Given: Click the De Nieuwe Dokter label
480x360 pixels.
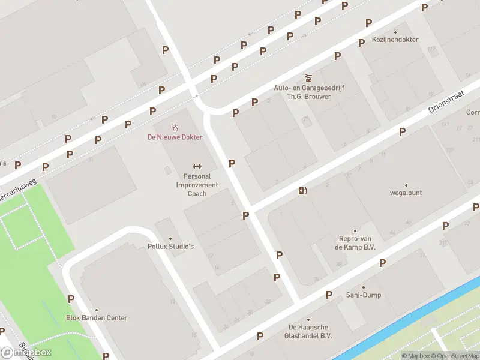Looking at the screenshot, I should click(175, 137).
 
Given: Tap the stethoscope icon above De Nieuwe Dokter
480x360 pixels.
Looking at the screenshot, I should click(175, 127).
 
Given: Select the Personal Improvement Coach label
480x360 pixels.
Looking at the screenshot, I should click(197, 185).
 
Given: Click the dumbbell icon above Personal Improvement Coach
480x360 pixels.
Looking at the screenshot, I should click(197, 166).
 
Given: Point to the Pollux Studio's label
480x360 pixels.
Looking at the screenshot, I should click(170, 246).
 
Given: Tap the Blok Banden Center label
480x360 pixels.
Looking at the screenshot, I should click(97, 318).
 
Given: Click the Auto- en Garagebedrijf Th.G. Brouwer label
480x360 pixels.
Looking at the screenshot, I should click(308, 92).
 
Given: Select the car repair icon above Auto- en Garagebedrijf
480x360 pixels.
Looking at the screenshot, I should click(308, 77).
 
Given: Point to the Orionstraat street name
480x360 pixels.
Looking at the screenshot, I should click(447, 101).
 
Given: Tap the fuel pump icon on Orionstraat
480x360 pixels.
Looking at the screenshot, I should click(302, 191).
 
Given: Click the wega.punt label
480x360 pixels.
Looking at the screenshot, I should click(406, 193).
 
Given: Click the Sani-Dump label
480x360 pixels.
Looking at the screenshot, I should click(364, 295).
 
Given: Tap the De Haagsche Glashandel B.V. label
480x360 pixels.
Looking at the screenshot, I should click(309, 331).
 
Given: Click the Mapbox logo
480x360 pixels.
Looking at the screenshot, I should click(26, 352).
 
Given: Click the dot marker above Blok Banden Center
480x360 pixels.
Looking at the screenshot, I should click(97, 310).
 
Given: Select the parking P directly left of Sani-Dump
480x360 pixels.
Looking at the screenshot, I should click(329, 295).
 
